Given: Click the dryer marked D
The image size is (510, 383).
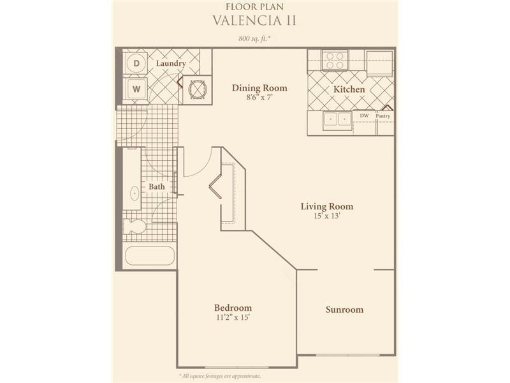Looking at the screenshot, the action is (x=136, y=63).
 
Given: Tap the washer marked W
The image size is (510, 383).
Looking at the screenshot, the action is (x=136, y=89).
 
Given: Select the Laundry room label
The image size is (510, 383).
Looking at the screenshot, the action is (x=171, y=63).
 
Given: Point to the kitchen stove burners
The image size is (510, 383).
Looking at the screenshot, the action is (x=335, y=61).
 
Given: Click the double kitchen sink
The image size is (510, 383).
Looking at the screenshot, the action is (x=337, y=120).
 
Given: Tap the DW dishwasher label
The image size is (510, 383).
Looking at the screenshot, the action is (x=364, y=116).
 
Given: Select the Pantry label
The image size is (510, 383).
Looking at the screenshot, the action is (x=383, y=116).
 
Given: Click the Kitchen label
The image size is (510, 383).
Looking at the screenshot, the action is (x=349, y=89).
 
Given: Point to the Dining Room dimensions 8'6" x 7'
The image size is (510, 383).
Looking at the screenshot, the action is (x=259, y=97).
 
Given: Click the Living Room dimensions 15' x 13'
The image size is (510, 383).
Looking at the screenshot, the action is (x=327, y=216).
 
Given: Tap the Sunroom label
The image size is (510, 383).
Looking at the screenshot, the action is (x=344, y=310).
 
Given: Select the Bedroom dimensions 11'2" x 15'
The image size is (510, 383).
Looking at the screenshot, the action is (x=233, y=317).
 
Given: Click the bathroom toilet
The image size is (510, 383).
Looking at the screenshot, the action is (x=135, y=227).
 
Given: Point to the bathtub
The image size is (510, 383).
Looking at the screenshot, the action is (x=150, y=256).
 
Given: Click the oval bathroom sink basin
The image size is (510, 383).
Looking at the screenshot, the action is (x=135, y=194).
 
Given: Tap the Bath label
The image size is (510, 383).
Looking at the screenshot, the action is (x=157, y=186).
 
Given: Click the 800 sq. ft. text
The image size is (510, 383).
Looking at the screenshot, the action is (x=255, y=38).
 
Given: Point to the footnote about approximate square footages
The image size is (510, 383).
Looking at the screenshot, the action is (x=220, y=376).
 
